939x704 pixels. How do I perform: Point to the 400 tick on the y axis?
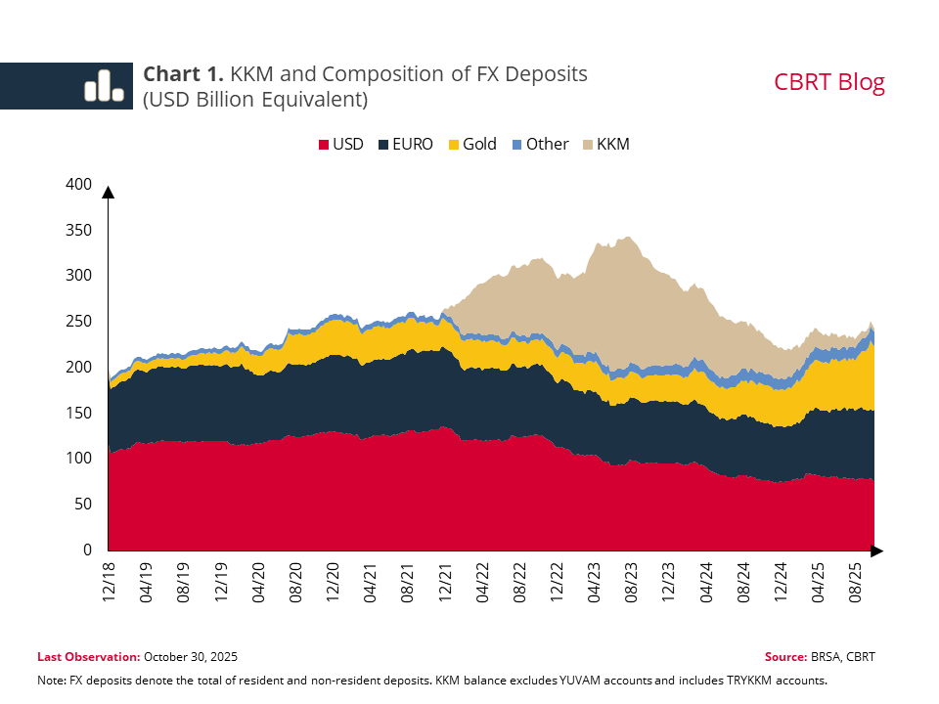click(78, 185)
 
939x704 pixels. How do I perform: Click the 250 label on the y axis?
click(78, 322)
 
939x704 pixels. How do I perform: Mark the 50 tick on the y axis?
click(83, 505)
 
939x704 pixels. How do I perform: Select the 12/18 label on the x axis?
click(109, 580)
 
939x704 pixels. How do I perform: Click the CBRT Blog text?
click(829, 82)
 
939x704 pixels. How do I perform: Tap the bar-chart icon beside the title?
click(104, 85)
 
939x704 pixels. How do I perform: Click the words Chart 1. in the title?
click(184, 74)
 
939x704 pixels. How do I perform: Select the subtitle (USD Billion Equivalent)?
click(255, 100)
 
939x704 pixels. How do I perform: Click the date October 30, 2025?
click(191, 657)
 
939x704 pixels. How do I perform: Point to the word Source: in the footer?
click(786, 657)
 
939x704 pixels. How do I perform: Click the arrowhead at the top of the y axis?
click(109, 192)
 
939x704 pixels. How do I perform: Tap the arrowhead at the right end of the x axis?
click(876, 551)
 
